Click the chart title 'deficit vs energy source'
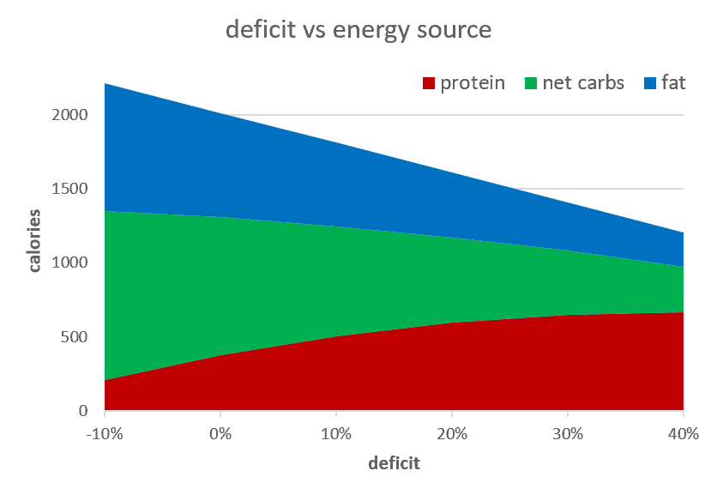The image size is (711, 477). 358,29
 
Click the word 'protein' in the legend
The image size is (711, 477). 472,83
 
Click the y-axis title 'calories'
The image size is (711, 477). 35,239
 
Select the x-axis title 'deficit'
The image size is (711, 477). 394,463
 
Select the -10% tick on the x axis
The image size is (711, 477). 105,433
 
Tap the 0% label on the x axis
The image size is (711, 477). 220,433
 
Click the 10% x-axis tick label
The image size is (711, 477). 336,433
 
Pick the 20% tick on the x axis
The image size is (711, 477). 452,433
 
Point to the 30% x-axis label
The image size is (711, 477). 568,433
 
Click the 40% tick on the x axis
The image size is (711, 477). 684,433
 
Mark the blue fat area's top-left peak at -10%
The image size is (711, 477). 105,84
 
